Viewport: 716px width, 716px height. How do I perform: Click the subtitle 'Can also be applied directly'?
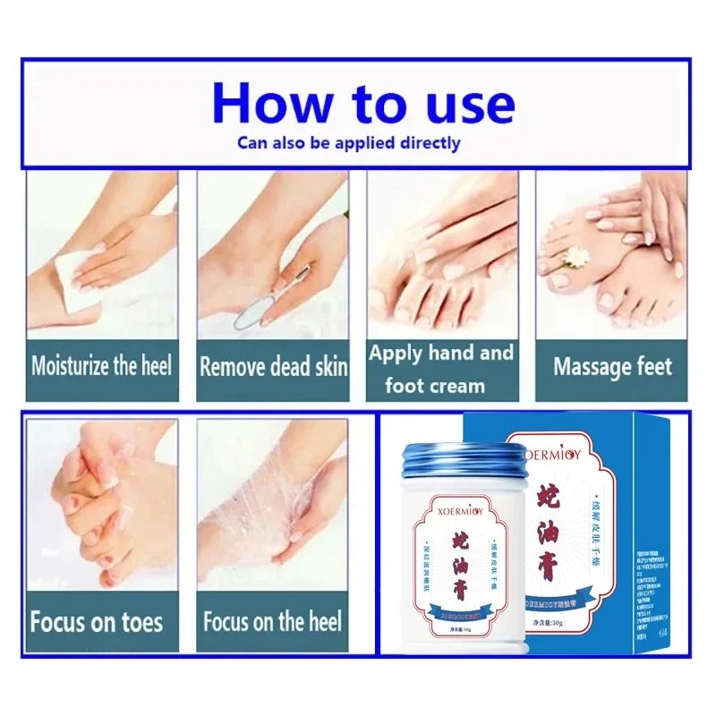pos(349,142)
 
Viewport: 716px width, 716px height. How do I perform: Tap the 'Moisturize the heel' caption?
pos(101,366)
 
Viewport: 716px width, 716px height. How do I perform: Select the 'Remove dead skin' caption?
pos(273,367)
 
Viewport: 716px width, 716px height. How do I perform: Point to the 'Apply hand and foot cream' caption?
pos(440,369)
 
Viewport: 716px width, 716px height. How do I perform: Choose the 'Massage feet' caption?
pos(612,367)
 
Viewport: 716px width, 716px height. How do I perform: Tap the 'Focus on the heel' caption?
pos(272,621)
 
